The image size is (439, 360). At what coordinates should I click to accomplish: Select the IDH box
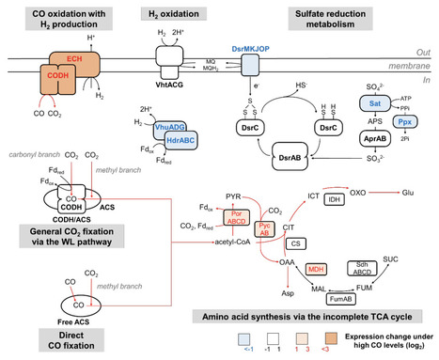(x=331, y=201)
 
